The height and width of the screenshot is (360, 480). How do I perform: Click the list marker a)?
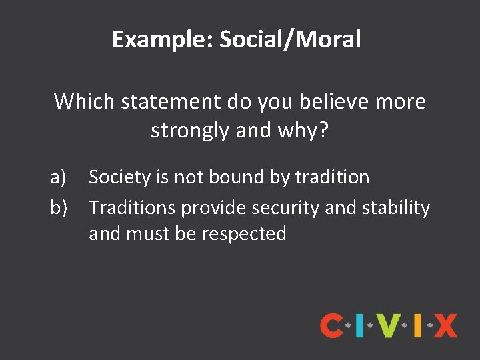[x=59, y=177]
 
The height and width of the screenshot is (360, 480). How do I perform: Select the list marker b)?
[x=59, y=208]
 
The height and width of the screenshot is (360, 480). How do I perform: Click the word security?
[x=285, y=208]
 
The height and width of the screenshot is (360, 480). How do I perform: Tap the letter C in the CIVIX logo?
[x=331, y=326]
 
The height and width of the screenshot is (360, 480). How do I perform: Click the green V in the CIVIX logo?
[x=389, y=326]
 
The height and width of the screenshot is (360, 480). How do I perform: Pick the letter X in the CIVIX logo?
[x=445, y=326]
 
